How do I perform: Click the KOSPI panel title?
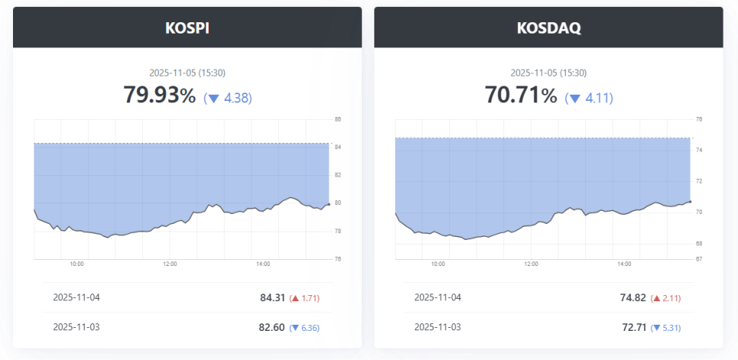click(x=187, y=28)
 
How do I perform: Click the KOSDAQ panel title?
click(x=548, y=28)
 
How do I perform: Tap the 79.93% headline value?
click(x=160, y=96)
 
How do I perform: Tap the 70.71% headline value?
click(x=521, y=96)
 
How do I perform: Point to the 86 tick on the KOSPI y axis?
click(x=338, y=119)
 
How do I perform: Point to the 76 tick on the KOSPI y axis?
click(x=338, y=259)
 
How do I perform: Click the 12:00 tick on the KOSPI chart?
click(x=170, y=264)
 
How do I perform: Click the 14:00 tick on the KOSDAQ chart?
click(x=623, y=264)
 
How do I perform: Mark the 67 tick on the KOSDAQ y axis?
click(x=698, y=259)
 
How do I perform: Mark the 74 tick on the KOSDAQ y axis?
click(x=698, y=151)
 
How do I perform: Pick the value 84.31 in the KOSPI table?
click(x=272, y=297)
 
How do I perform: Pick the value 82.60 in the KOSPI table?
click(x=272, y=327)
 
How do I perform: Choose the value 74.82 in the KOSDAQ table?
click(x=633, y=297)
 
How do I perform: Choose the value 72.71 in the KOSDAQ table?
click(x=633, y=327)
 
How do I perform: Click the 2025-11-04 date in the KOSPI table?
click(x=76, y=297)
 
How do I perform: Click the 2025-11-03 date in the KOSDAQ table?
click(x=438, y=327)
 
